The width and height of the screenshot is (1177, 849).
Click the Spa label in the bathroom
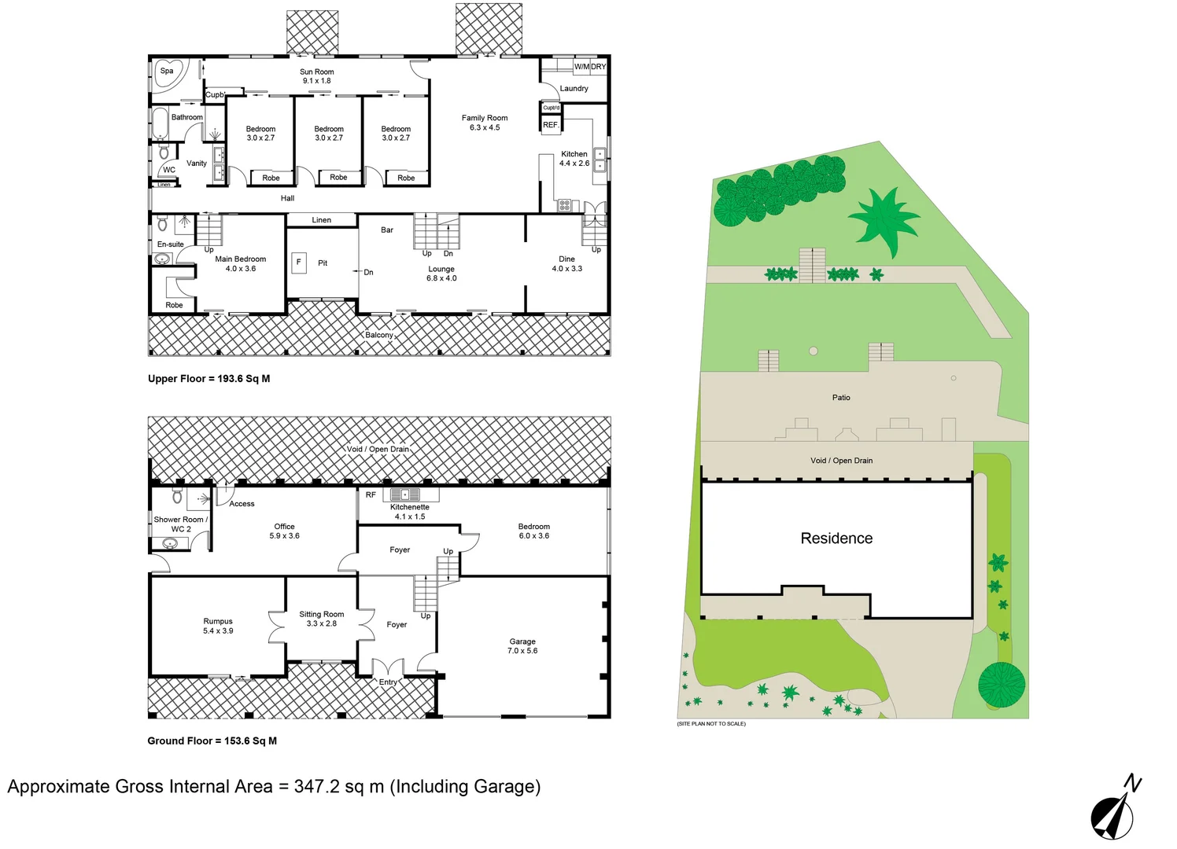(x=167, y=71)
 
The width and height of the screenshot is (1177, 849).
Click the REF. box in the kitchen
(x=551, y=125)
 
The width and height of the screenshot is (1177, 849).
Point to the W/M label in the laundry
(x=581, y=67)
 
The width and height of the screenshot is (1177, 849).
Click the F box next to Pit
(x=299, y=263)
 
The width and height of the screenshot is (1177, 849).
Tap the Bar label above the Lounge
(x=387, y=230)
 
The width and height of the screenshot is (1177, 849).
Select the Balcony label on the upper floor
(x=378, y=335)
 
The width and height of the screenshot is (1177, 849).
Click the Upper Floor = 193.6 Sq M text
(x=208, y=379)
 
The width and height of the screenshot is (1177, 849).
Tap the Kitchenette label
(x=409, y=508)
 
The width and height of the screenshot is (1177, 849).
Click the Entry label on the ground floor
(x=388, y=682)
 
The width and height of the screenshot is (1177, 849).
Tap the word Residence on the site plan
(x=836, y=538)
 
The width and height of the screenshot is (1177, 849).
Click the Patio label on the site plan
(x=841, y=398)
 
